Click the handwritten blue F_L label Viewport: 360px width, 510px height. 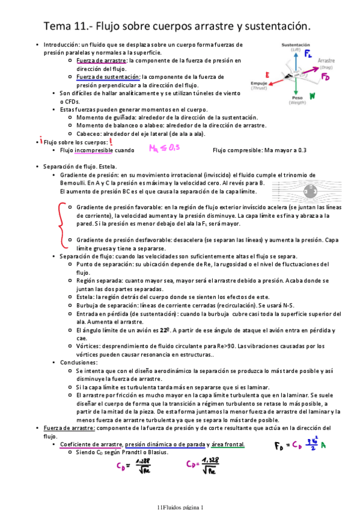308,55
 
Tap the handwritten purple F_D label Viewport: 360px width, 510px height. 326,77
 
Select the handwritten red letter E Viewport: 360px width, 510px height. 266,75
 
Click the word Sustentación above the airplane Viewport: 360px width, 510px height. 296,45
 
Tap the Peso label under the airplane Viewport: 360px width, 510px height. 297,97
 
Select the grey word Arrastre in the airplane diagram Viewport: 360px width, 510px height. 326,61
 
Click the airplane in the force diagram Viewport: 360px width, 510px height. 295,73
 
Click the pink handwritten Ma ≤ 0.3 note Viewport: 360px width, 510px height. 164,148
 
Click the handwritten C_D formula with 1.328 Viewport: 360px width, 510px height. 207,467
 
